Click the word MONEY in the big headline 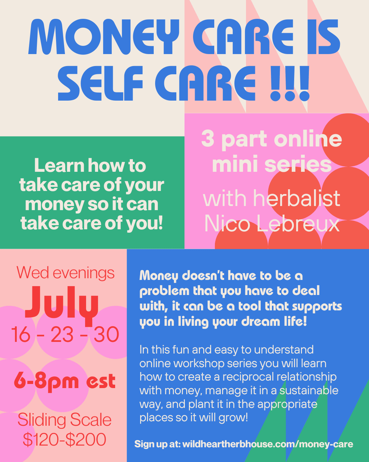104,37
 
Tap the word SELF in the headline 100,83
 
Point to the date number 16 20,335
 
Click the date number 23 62,335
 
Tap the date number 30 106,335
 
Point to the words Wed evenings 66,273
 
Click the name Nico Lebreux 272,223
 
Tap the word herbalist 297,198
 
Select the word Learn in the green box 59,165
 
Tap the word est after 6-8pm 101,382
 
